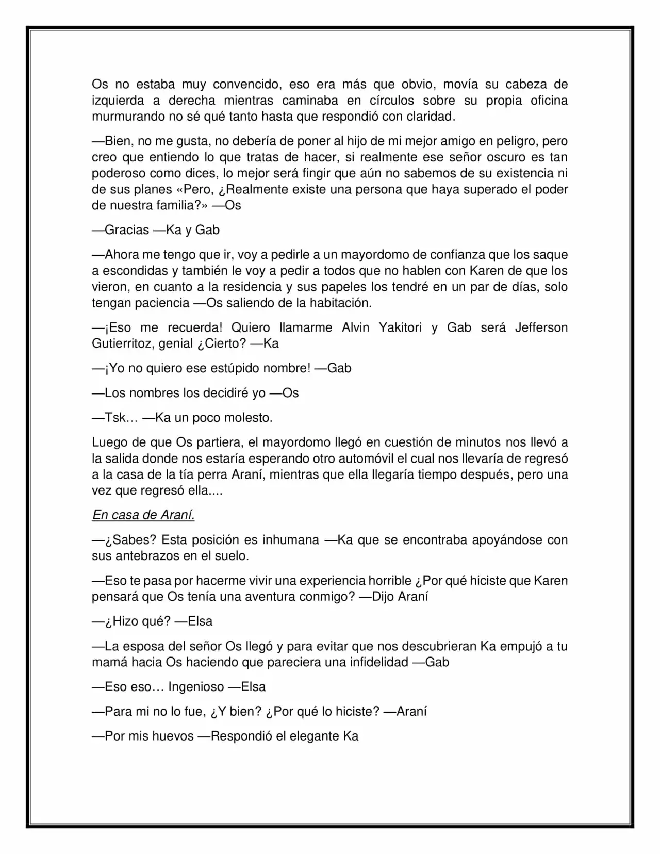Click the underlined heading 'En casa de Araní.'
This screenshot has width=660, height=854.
click(143, 515)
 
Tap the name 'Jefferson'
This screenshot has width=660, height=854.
click(541, 327)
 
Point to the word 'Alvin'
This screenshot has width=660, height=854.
click(355, 327)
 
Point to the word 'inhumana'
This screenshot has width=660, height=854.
click(291, 539)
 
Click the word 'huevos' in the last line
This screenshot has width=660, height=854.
click(174, 736)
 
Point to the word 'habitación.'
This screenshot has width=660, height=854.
click(340, 303)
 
